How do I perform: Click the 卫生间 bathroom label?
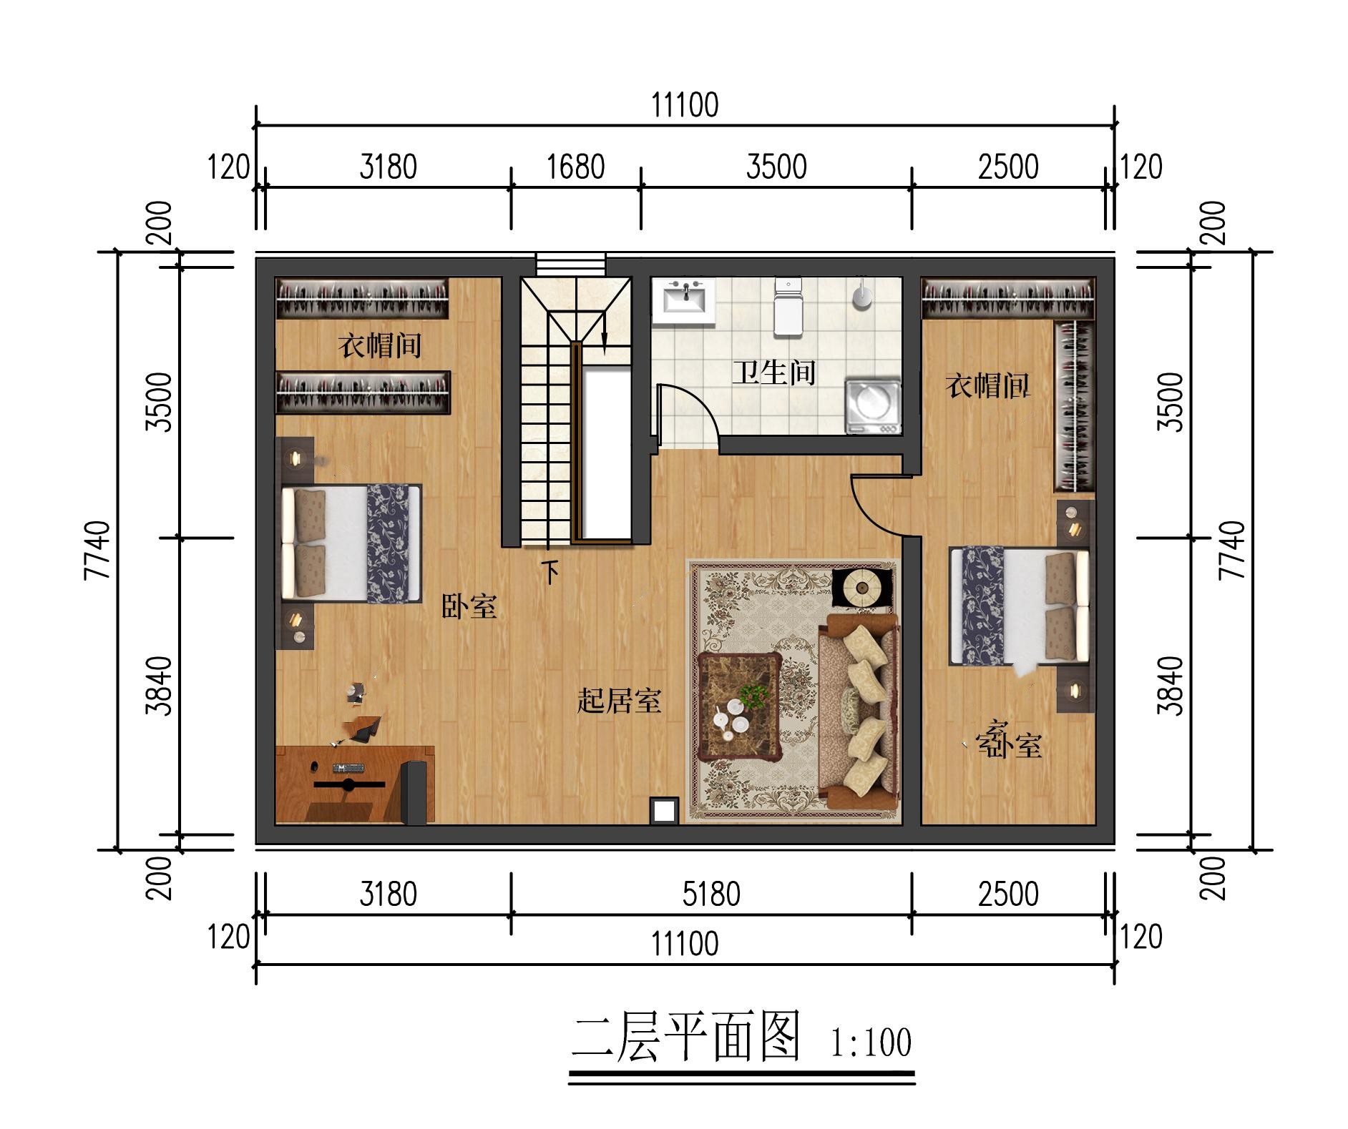point(773,373)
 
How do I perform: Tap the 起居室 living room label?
point(619,701)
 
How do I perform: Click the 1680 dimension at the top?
point(576,167)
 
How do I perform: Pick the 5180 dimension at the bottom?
point(711,894)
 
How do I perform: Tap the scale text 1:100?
point(871,1042)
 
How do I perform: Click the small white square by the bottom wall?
point(664,811)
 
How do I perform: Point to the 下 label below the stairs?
point(550,572)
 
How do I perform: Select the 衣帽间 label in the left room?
point(380,347)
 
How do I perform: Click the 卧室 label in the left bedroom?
point(469,607)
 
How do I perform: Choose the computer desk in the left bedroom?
point(355,784)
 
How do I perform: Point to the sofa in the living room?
point(859,711)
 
